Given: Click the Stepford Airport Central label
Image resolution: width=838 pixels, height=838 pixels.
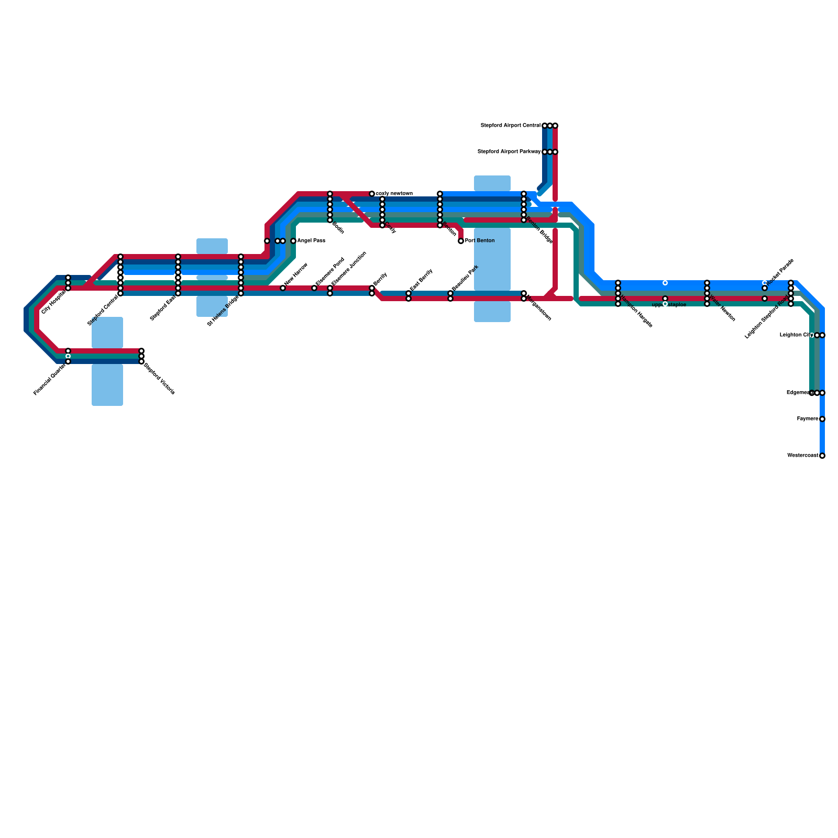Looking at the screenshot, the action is pos(510,126).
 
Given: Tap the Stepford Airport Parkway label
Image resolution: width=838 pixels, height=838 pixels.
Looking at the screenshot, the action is pos(509,152).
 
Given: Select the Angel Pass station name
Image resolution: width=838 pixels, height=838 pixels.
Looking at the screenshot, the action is pos(311,241).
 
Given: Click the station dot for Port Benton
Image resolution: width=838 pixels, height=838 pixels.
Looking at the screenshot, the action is pos(461,241).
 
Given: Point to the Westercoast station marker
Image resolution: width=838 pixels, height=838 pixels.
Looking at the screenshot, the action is pos(822,456).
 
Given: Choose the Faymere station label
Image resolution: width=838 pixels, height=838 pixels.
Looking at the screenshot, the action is pos(807,419).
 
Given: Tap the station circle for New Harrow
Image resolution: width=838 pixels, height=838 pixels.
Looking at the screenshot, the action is pos(283,288).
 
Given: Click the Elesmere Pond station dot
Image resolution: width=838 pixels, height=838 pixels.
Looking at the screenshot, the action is pos(314,288).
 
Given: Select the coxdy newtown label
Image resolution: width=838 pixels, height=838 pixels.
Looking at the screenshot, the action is pos(394,194).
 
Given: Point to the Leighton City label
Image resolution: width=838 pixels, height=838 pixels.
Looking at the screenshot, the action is pos(796,335).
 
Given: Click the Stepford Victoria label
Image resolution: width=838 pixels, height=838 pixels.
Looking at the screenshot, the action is pos(159,379).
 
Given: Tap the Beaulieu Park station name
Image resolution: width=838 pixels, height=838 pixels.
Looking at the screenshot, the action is pos(465,278).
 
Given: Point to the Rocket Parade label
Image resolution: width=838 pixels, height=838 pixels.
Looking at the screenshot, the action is pos(780,272).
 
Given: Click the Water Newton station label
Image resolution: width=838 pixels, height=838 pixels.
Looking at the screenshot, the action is pos(722,313).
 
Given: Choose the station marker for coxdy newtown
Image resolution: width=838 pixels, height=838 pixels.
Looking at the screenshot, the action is pos(372,194).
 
